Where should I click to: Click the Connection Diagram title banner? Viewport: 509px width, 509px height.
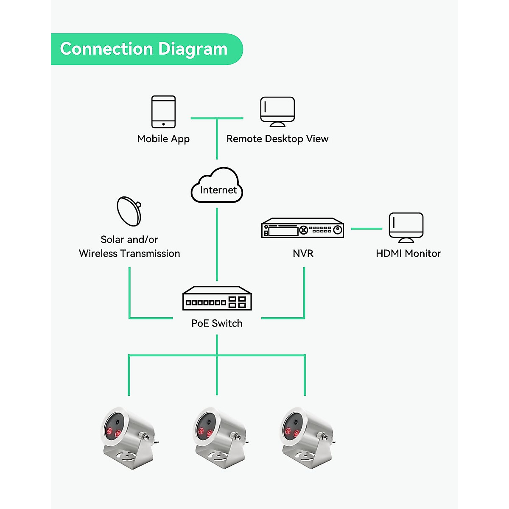[x=144, y=49]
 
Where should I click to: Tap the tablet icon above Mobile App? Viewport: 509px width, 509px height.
[x=164, y=112]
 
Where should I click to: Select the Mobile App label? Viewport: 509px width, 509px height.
[x=163, y=139]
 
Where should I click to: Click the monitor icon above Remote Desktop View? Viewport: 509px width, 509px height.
[x=277, y=112]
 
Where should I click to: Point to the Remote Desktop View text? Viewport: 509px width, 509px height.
[x=277, y=139]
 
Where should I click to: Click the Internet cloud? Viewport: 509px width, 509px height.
[x=217, y=187]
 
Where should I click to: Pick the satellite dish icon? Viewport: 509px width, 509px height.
[x=129, y=211]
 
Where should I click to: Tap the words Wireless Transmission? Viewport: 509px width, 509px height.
[x=129, y=254]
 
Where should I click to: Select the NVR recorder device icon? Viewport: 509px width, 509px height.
[x=302, y=228]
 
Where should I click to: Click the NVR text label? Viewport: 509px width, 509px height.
[x=303, y=254]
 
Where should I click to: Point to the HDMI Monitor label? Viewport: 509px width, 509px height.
[x=408, y=254]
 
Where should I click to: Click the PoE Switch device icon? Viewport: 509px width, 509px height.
[x=217, y=299]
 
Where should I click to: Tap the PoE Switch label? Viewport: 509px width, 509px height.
[x=217, y=324]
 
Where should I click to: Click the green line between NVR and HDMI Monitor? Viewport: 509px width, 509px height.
[x=366, y=229]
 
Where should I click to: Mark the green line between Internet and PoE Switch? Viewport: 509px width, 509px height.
[x=217, y=244]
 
